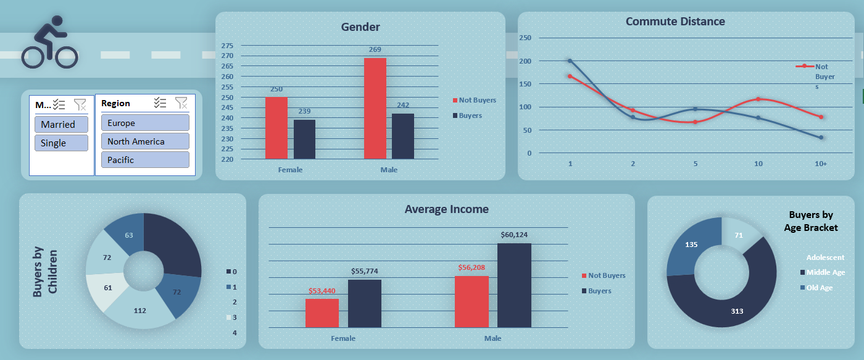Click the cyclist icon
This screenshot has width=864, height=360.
coord(49,43)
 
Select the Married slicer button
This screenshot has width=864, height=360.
coord(61,124)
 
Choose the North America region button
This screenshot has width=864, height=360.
coord(145,141)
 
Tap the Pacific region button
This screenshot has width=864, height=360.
coord(145,160)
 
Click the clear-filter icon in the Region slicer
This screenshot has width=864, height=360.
coord(181,103)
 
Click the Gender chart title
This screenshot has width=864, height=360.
coord(360,27)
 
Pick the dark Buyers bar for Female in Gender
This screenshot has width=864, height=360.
coord(304,139)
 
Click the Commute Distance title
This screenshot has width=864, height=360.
coord(675,22)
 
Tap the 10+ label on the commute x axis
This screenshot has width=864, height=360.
coord(821,164)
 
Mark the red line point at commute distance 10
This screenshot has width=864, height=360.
coord(758,99)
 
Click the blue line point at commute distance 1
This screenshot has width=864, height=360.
coord(570,61)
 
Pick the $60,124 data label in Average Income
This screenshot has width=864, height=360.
coord(514,235)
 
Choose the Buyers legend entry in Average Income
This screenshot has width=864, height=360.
coord(599,291)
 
